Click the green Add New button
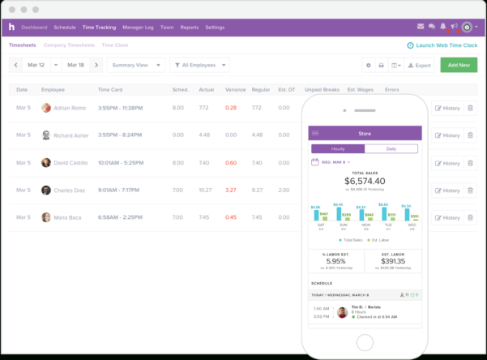(459, 65)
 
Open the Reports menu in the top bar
(189, 28)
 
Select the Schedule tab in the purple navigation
(65, 28)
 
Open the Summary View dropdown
(135, 65)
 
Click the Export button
(419, 65)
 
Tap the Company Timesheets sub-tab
(67, 45)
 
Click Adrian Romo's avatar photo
(46, 107)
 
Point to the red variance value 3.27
(231, 190)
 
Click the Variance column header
(236, 89)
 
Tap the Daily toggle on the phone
(391, 149)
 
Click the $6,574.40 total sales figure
(365, 181)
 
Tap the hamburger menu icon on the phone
(316, 133)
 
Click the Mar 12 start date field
(36, 65)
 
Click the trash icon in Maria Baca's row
(470, 217)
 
